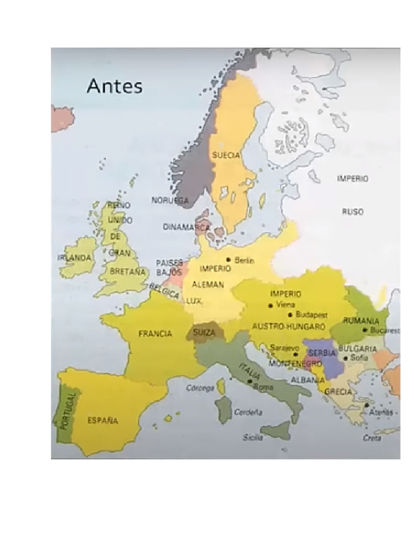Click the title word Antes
114,86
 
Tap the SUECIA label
226,155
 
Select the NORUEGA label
170,200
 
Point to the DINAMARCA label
187,227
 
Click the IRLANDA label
74,258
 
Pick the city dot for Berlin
229,259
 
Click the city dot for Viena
271,305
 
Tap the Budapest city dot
291,314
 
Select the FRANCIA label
155,334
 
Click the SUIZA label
204,333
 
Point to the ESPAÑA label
102,420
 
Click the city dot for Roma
250,382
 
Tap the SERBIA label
322,353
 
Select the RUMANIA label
361,321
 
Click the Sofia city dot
346,357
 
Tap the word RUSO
353,211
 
